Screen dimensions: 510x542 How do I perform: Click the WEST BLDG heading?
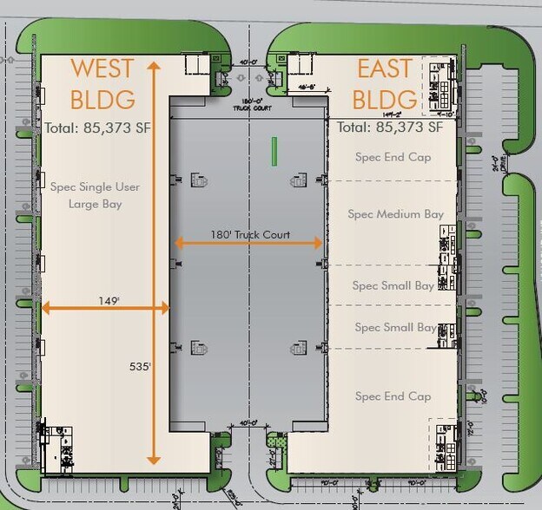pos(102,83)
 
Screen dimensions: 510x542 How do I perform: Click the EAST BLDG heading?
pos(388,83)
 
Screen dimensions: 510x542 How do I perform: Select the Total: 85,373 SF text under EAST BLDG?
pos(389,127)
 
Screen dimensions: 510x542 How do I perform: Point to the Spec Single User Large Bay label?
pos(95,195)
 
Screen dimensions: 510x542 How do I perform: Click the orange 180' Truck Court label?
pos(249,234)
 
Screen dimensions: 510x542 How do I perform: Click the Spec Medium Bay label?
pos(395,214)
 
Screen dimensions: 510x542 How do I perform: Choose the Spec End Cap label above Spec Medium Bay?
pos(393,157)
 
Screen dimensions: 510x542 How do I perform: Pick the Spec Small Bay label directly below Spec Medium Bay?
pos(393,285)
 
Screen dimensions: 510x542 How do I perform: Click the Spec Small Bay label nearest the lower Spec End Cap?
pos(395,327)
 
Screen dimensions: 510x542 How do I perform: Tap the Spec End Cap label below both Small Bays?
pos(393,396)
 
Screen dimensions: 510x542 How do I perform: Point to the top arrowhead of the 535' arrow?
pos(154,65)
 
